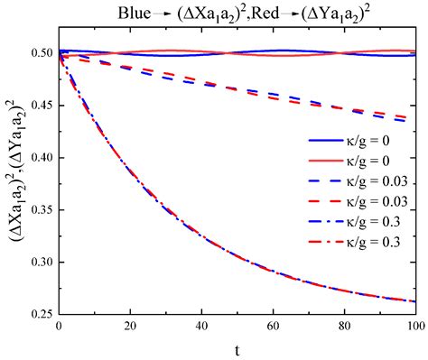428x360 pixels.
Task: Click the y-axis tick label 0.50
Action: tap(38, 53)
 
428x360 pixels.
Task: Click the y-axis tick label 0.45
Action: tap(38, 106)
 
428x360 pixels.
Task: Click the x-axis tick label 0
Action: tap(59, 327)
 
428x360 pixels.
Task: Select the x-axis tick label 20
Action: tap(130, 327)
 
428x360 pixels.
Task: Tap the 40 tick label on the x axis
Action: tap(201, 327)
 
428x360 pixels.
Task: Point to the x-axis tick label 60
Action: tap(273, 327)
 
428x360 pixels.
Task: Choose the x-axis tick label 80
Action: tap(344, 327)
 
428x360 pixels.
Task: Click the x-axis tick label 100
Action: tap(414, 327)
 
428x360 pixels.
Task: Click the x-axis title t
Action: tap(237, 348)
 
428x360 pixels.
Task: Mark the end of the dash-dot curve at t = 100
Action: tap(414, 301)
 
